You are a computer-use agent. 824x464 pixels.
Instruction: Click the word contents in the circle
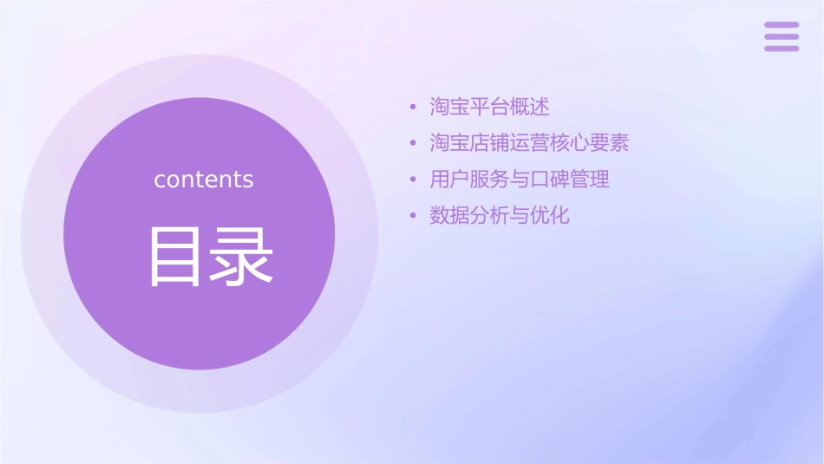pos(204,180)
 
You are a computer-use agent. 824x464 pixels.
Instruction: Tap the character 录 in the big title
pos(241,257)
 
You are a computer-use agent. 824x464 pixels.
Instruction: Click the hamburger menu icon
pos(781,36)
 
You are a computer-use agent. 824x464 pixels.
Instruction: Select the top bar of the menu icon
pos(781,25)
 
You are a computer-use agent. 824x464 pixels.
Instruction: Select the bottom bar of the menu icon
pos(781,48)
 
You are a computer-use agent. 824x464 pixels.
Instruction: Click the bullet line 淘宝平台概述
pos(489,108)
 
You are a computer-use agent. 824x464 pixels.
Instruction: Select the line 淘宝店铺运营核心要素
pos(529,143)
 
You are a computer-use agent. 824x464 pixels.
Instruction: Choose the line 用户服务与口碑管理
pos(520,180)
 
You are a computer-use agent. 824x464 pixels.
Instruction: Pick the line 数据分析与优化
pos(500,216)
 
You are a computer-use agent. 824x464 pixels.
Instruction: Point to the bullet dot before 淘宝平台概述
pos(414,108)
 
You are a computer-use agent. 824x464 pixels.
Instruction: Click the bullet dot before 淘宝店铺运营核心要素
pos(414,144)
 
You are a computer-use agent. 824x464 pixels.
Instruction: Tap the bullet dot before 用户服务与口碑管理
pos(414,180)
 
